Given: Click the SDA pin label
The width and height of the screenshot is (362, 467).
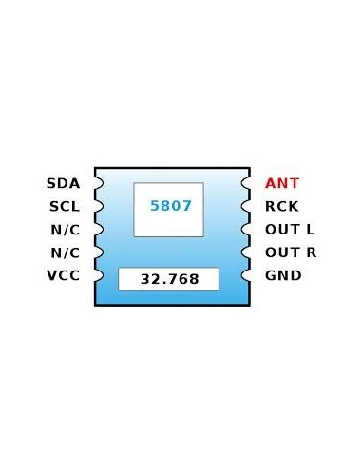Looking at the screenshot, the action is [63, 183].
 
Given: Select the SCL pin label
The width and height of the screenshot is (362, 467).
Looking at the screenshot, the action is [64, 206].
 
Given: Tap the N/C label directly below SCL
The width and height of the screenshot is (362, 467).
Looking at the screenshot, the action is [64, 230].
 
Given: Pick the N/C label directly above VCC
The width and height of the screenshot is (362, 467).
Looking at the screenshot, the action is [64, 252].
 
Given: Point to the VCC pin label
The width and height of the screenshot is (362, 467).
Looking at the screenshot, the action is [63, 275].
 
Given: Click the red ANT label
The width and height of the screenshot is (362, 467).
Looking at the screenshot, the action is [282, 183].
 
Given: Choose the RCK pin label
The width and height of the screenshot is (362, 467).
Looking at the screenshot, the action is [282, 206].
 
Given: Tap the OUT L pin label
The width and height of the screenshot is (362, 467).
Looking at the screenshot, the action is [290, 230].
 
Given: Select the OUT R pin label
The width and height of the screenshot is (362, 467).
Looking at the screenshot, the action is [291, 252].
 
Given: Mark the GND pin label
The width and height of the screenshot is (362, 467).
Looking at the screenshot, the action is [283, 275].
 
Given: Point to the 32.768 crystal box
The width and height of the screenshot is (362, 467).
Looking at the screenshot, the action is [168, 279].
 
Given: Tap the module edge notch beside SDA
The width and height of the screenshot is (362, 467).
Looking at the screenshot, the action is [98, 183].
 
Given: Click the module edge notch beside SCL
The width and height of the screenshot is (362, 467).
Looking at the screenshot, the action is [98, 206].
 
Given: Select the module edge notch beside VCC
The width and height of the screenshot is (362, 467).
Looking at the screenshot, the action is [98, 275].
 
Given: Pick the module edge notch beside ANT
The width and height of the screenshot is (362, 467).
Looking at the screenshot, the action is [247, 183].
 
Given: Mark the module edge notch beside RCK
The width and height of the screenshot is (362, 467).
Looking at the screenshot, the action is [247, 206].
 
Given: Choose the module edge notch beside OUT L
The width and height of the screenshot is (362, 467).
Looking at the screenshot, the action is [247, 230].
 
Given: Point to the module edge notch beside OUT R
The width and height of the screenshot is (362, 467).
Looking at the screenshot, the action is [247, 252].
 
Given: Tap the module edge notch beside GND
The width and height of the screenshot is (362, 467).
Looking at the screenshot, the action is [247, 275].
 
